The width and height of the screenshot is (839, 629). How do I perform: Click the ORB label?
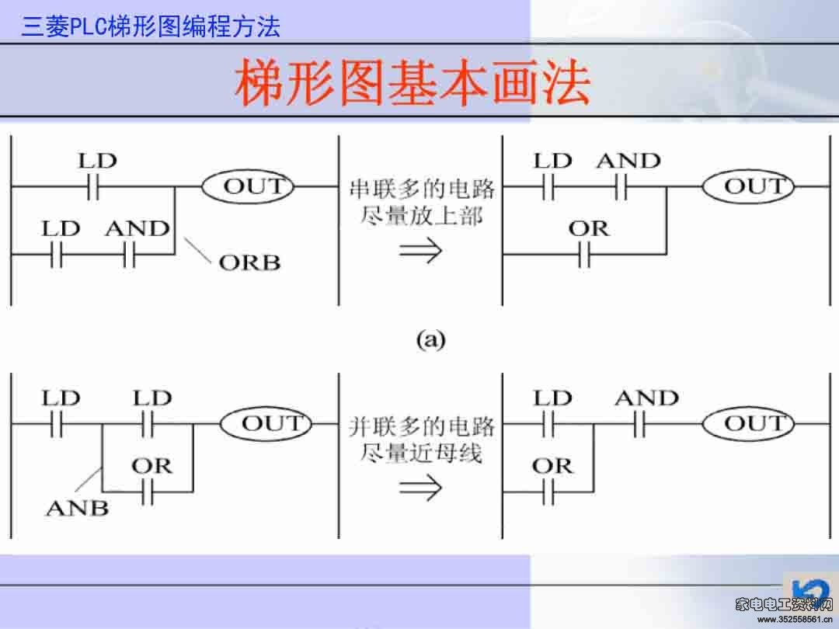tap(249, 262)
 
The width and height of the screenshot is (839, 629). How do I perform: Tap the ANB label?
tap(78, 508)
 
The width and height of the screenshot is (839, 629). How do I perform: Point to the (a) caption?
tap(430, 339)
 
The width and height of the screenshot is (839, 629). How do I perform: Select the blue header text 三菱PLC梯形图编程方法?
tap(151, 26)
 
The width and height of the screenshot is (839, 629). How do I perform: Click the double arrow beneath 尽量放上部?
tap(420, 250)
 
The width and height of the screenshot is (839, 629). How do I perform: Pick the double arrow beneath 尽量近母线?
tap(420, 488)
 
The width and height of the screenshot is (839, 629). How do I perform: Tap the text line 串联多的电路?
tap(422, 189)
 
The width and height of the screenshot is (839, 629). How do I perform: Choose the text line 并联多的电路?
tap(422, 426)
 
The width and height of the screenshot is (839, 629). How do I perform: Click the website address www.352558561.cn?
tap(795, 620)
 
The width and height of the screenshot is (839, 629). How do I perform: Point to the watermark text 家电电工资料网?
tap(785, 604)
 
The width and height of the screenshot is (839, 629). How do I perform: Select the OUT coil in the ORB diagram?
tap(248, 186)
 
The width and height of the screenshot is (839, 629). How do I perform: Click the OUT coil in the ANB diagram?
tap(266, 424)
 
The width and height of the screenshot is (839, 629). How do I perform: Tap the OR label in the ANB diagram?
tap(152, 467)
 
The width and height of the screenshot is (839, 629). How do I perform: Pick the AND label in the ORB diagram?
tap(138, 229)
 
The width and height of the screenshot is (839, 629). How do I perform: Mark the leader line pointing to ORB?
tap(197, 250)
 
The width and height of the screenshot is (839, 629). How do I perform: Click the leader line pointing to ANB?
tap(89, 480)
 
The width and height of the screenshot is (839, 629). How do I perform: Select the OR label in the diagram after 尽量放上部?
tap(589, 229)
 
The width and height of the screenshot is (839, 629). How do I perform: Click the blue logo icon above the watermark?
tap(809, 588)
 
